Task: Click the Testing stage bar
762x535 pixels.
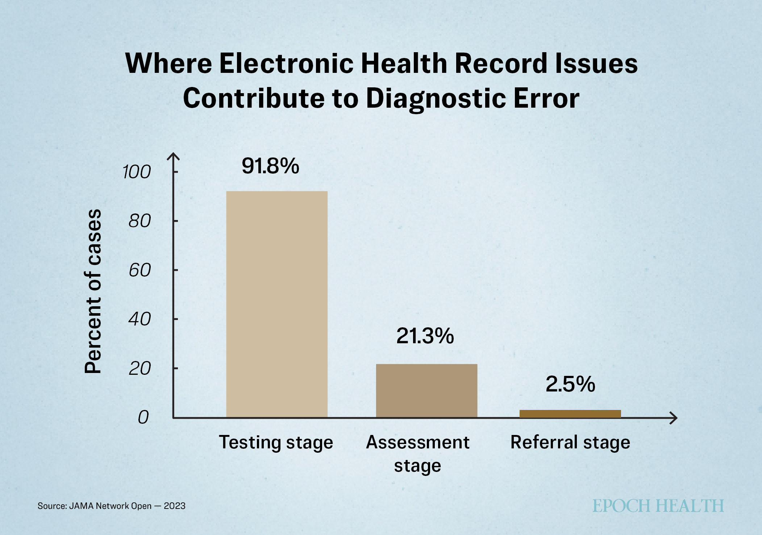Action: (x=277, y=304)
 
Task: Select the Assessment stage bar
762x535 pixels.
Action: (x=426, y=391)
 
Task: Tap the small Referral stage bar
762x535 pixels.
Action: (x=570, y=414)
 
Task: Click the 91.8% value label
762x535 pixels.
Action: (x=270, y=166)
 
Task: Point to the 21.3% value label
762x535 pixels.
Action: (x=425, y=336)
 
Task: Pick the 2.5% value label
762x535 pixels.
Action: (x=570, y=384)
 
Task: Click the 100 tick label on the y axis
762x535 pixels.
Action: (x=136, y=172)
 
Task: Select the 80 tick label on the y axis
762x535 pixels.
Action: (x=140, y=221)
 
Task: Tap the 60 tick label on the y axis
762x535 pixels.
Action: (x=140, y=270)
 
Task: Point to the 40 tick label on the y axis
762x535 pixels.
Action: (x=140, y=319)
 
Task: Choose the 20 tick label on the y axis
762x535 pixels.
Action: (x=140, y=369)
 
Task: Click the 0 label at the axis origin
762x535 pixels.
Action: (x=143, y=418)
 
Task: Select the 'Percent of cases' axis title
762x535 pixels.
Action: (x=93, y=291)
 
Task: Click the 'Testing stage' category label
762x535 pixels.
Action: (x=276, y=443)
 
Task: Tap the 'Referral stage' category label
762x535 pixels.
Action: (x=570, y=443)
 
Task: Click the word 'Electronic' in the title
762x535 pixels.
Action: (x=286, y=63)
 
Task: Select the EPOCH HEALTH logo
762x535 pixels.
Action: (x=658, y=506)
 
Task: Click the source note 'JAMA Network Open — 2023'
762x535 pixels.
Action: (x=127, y=506)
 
